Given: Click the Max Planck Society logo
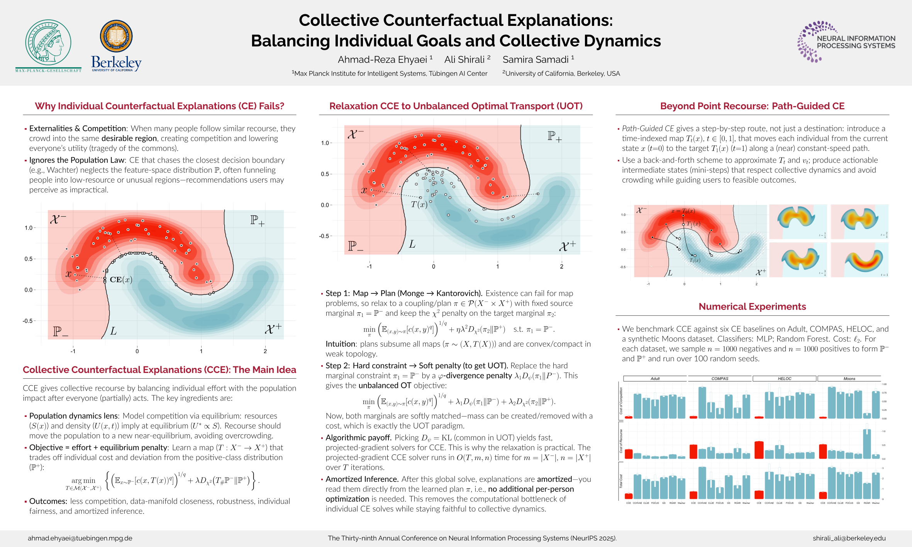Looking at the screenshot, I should tap(48, 46).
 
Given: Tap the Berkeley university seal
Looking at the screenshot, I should tap(116, 36).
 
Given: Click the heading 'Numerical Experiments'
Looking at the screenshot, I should tap(752, 307).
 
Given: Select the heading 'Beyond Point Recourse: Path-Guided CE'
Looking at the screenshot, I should tap(752, 106).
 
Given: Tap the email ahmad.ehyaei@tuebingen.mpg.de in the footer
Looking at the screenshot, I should tap(80, 538).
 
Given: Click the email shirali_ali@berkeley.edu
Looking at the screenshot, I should tap(849, 538).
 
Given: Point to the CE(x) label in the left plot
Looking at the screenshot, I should tap(121, 279).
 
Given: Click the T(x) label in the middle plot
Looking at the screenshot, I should tap(419, 204).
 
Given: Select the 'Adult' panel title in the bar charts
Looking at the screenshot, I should tap(655, 379).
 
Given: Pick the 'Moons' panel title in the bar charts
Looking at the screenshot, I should tap(849, 379).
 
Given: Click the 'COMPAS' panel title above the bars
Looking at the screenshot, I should tap(720, 379).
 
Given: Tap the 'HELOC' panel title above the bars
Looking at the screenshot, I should tap(784, 379).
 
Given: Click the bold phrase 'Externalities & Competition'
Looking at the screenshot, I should tap(78, 129).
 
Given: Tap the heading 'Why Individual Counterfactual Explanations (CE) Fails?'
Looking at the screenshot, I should tap(159, 106).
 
